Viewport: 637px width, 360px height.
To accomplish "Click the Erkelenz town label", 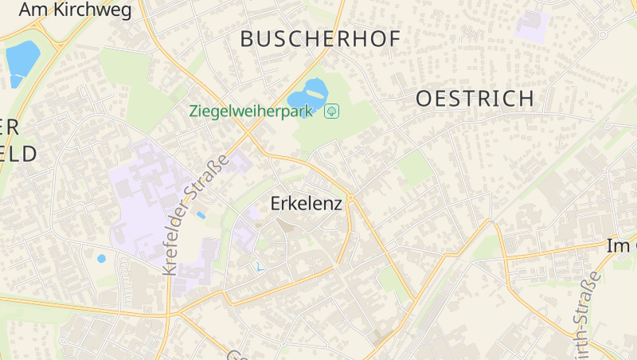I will [x=307, y=203].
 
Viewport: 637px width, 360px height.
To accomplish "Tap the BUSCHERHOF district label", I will [x=319, y=38].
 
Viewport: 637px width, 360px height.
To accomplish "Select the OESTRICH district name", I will [x=475, y=99].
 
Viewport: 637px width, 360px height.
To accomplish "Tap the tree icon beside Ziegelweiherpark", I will [x=333, y=111].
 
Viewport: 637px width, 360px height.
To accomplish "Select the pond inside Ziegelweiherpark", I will [x=308, y=95].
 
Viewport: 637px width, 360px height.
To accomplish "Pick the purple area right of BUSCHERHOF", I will [x=530, y=25].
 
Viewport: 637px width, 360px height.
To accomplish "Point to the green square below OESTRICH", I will [x=414, y=167].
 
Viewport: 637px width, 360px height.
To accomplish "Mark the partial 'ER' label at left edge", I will [x=10, y=127].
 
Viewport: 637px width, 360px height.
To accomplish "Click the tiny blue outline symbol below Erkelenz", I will [x=258, y=268].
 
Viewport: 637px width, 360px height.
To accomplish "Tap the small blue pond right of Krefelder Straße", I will [x=201, y=215].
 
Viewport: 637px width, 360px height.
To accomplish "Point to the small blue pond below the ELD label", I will [x=101, y=258].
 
